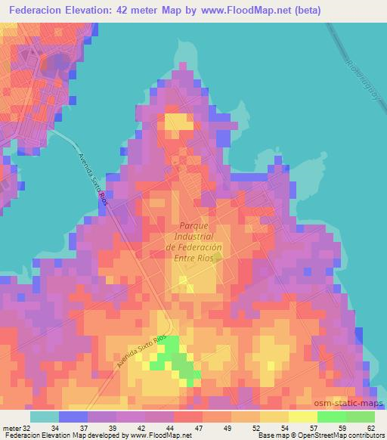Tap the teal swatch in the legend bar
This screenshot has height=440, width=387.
45,417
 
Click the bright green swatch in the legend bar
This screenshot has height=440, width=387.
331,417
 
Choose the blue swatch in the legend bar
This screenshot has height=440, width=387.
73,417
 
